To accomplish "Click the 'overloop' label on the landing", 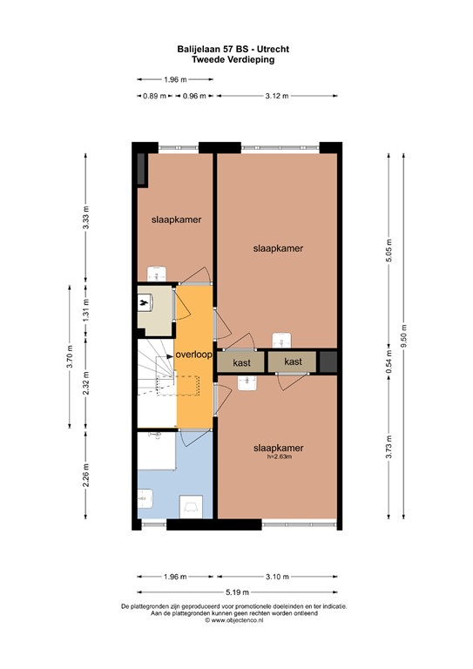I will (193, 355).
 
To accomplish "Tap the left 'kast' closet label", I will (241, 361).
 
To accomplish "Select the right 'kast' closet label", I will (293, 361).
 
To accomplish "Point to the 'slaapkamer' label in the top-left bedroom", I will (177, 220).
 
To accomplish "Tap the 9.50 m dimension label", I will (403, 340).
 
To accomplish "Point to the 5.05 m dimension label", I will (389, 249).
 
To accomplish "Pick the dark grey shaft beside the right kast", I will (328, 361).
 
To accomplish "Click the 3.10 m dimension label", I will (277, 577).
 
